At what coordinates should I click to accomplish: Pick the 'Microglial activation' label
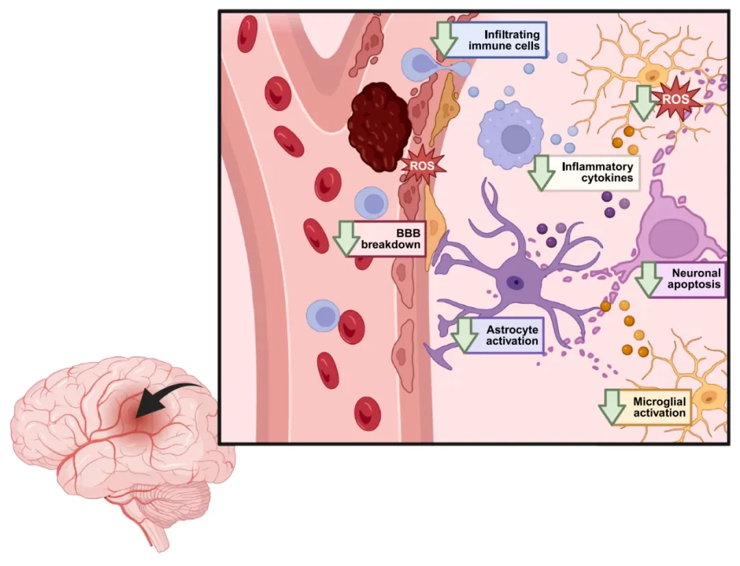[658, 407]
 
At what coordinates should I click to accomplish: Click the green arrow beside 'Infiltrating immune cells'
[447, 39]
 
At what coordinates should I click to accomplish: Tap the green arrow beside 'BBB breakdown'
[346, 237]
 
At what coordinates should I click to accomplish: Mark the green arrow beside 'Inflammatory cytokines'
[542, 172]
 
